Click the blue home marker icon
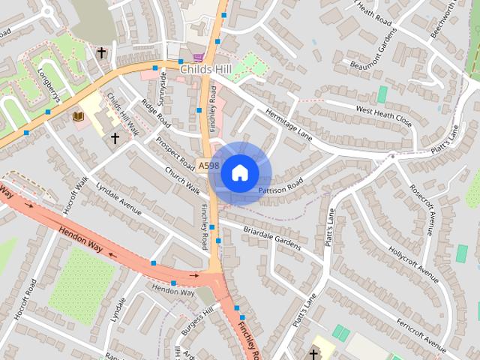coord(240,173)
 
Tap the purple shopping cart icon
coord(198,57)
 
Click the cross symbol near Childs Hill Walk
coord(115,138)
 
